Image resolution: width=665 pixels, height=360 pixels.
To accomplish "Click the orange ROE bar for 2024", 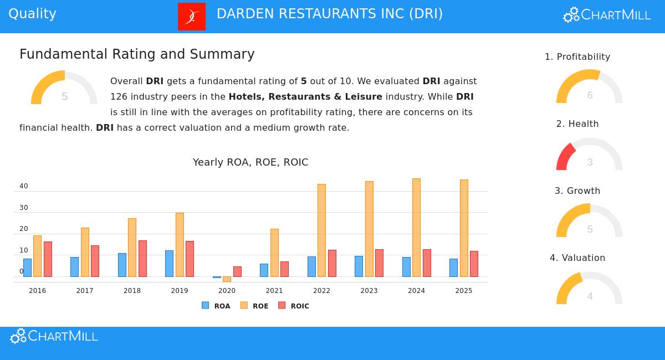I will click(416, 227).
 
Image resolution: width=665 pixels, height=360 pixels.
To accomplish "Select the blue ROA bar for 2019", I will click(169, 264).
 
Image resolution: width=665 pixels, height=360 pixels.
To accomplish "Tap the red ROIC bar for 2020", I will click(237, 271).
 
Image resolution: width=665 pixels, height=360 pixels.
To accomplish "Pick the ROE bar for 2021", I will click(274, 253).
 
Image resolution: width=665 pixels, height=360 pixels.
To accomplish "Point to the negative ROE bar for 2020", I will click(227, 279).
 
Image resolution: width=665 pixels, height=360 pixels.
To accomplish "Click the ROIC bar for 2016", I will click(48, 259).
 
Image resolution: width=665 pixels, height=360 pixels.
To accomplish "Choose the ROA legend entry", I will click(216, 306).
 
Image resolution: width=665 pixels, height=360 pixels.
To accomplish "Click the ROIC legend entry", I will click(294, 306).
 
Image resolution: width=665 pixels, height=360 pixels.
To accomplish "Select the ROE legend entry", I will click(254, 306).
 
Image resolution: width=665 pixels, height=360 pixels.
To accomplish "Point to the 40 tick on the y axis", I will click(24, 186).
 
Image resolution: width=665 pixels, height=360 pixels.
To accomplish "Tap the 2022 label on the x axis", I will click(321, 291).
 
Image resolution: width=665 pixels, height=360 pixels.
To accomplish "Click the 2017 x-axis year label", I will click(85, 291).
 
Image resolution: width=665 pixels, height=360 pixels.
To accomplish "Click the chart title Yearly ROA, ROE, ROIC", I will click(250, 162).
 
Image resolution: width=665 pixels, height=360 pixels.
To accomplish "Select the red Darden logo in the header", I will click(192, 17).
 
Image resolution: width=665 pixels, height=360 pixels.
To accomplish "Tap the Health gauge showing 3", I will click(589, 155).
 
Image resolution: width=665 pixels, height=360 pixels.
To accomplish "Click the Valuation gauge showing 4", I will click(589, 289).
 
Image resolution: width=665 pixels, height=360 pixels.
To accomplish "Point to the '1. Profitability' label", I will click(577, 57).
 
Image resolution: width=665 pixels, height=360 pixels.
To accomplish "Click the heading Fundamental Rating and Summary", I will click(137, 54).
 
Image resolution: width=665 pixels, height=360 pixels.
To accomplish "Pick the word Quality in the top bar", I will click(32, 14).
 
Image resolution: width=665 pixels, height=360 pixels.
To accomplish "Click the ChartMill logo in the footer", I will click(54, 336).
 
